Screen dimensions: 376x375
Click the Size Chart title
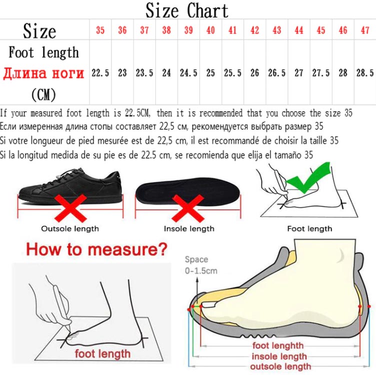coord(187,10)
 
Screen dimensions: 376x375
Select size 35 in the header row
coord(100,30)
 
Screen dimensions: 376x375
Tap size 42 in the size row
coord(254,30)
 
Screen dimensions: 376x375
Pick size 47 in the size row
coord(365,30)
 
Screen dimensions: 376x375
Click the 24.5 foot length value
coord(188,73)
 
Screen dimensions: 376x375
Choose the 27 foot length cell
coord(299,73)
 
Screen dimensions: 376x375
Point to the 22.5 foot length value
coord(100,73)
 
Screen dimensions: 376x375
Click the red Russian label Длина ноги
coord(43,73)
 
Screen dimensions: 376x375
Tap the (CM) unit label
coord(43,94)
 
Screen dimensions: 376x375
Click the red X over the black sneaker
coord(70,208)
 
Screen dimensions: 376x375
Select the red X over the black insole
coord(188,208)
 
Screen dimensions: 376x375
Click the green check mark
coord(308,177)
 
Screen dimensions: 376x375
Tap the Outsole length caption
coord(70,229)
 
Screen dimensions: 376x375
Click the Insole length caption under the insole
coord(189,229)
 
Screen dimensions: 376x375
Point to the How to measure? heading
coord(96,249)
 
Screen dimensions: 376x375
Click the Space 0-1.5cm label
coord(201,265)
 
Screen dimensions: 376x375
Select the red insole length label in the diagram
coord(279,357)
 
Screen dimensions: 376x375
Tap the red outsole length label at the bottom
coord(280,367)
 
